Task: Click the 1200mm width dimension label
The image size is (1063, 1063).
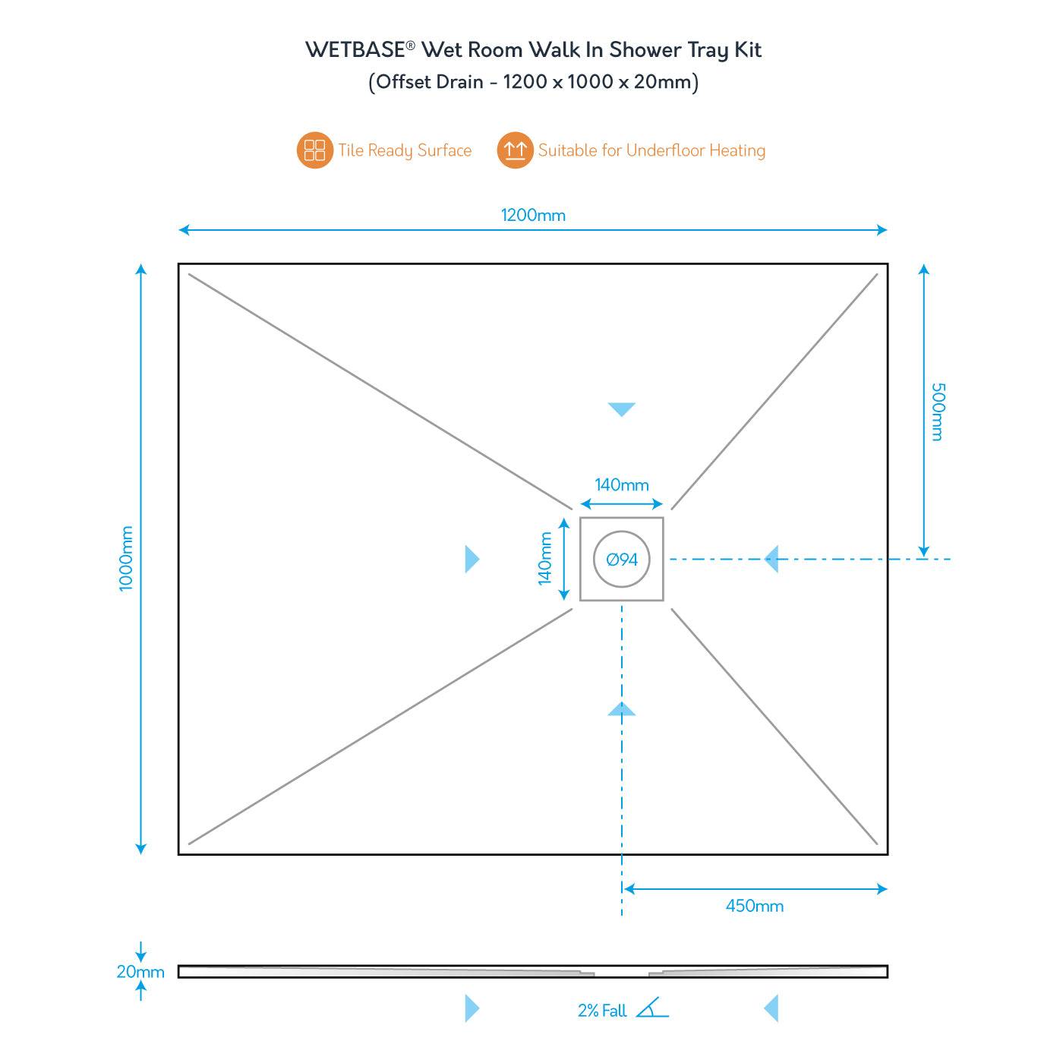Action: tap(533, 215)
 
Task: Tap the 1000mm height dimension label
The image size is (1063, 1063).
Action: tap(126, 558)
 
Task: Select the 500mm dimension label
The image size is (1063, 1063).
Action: tap(938, 412)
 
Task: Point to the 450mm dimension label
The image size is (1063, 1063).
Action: tap(754, 906)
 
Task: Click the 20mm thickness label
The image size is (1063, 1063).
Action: tap(140, 972)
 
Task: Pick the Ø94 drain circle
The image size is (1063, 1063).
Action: tap(622, 560)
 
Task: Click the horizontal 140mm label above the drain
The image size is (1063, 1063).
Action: tap(621, 484)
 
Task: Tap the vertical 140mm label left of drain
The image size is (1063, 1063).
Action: tap(544, 558)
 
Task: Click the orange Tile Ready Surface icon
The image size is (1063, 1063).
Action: tap(314, 150)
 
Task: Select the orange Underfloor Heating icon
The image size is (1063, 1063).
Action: tap(515, 150)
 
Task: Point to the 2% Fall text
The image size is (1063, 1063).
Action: tap(602, 1011)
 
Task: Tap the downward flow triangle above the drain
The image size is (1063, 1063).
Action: tap(621, 409)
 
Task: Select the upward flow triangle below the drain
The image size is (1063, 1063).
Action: tap(621, 709)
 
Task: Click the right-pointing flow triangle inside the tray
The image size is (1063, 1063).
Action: tap(472, 560)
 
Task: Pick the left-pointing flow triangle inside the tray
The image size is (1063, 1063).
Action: tap(771, 560)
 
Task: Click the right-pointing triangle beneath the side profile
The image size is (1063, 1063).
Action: tap(472, 1009)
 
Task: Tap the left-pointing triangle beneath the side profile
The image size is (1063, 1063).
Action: tap(771, 1009)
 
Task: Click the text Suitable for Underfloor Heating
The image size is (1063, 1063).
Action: tap(651, 150)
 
